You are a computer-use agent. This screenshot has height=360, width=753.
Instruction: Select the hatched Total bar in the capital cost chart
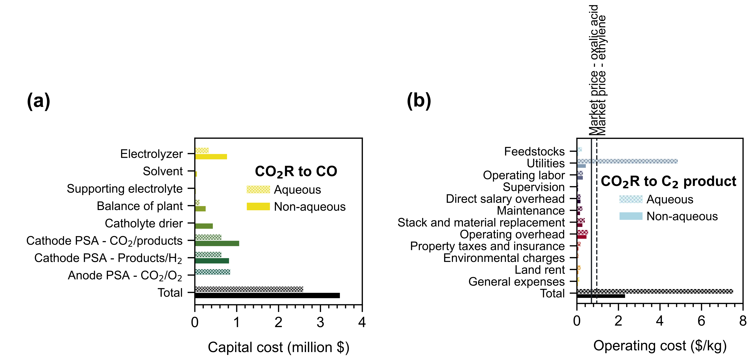[249, 289]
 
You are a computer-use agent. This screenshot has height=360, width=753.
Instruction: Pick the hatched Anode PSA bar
[212, 272]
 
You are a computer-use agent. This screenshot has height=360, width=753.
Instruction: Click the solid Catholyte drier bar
[204, 226]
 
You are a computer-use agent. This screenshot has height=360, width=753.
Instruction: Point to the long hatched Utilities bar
[627, 161]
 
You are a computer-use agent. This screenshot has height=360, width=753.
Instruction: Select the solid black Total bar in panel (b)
[601, 296]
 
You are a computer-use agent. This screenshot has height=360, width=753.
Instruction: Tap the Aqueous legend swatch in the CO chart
[258, 190]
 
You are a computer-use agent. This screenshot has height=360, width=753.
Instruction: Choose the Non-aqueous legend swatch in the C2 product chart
[631, 216]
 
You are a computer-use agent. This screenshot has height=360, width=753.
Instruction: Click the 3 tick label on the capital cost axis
[320, 322]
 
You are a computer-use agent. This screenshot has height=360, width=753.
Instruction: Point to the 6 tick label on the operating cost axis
[701, 321]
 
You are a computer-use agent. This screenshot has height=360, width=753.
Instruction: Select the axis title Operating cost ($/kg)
[660, 346]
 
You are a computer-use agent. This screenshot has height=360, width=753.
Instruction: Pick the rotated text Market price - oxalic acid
[593, 70]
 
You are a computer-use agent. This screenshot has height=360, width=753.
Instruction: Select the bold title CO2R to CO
[296, 171]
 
